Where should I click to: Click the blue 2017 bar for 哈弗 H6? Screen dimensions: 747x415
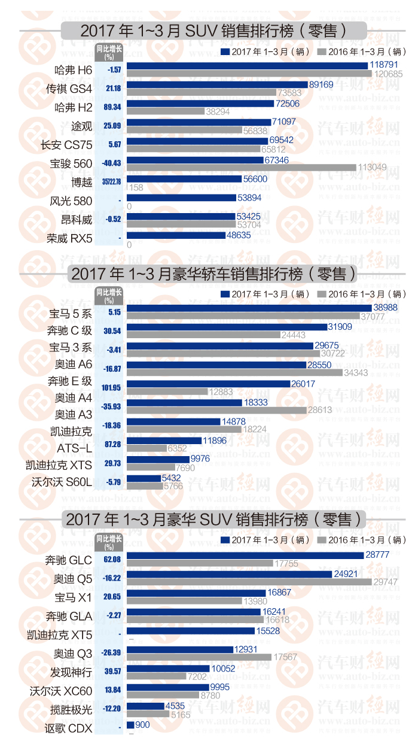[247, 65]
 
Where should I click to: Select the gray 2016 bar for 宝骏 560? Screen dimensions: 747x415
[242, 168]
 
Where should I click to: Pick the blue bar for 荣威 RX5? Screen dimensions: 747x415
[181, 236]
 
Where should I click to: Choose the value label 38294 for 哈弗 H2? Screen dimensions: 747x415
[218, 111]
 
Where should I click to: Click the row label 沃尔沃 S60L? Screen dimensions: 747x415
[62, 481]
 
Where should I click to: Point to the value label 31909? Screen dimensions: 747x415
[344, 326]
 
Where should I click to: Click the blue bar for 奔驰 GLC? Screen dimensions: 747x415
[245, 555]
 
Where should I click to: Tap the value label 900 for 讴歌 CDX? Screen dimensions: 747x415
[142, 724]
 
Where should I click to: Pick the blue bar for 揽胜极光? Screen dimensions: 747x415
[146, 706]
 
